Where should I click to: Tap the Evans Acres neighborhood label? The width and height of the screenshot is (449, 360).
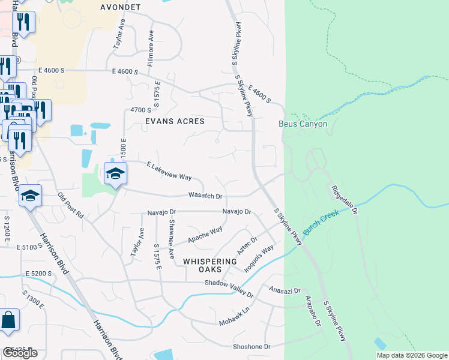175,121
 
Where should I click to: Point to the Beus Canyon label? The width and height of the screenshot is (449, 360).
303,124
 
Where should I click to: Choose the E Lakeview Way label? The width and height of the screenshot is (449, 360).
169,170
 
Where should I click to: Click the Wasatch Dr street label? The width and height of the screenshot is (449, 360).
206,196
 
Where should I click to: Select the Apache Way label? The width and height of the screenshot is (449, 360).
205,235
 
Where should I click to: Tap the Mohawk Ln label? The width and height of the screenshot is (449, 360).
234,316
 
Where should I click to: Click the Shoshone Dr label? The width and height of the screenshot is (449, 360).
252,347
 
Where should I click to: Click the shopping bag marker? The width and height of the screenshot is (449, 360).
9,320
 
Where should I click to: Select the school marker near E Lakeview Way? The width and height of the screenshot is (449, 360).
115,174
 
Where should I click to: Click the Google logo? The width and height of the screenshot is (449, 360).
20,353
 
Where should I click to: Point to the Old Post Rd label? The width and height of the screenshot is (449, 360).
71,206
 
